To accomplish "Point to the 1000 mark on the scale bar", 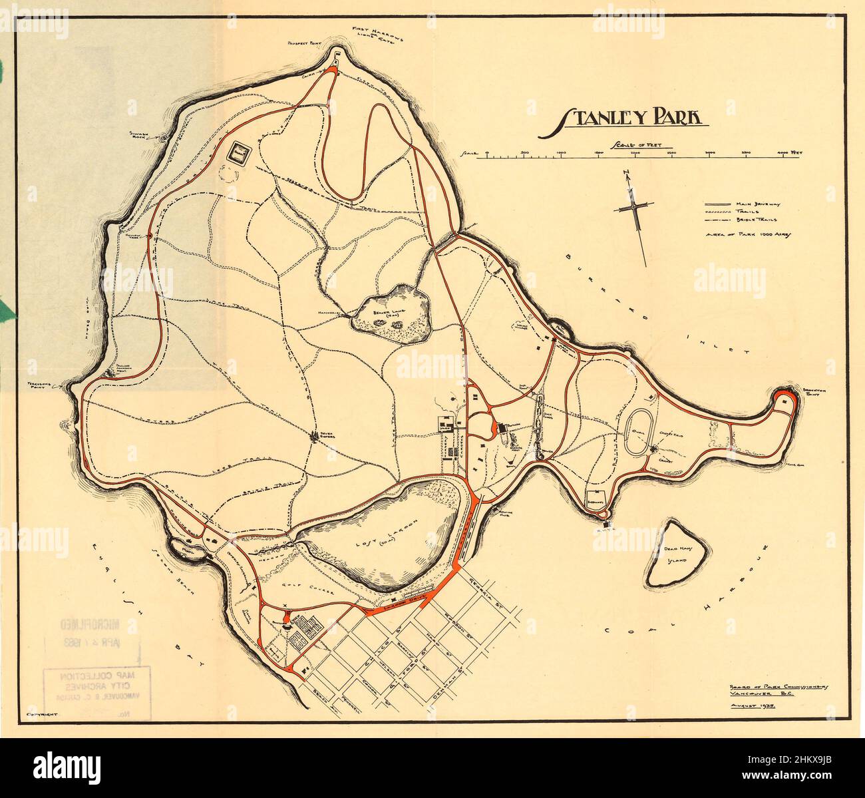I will click(561, 153).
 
